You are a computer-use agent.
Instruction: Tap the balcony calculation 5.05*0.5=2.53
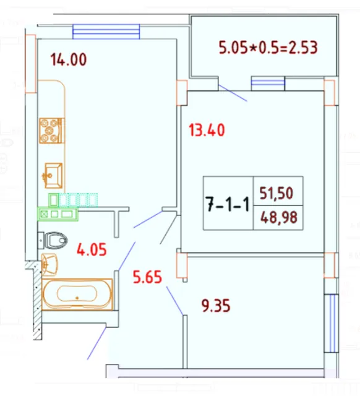click(268, 47)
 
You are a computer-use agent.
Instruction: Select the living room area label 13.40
click(207, 130)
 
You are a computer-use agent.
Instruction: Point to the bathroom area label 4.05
click(92, 251)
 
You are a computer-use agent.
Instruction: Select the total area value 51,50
click(276, 193)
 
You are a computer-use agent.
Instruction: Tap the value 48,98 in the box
click(276, 217)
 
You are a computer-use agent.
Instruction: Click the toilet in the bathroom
click(56, 239)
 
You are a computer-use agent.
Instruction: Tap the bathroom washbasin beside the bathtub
click(49, 262)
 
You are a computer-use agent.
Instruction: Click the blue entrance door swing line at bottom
click(96, 344)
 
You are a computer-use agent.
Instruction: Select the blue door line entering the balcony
click(233, 92)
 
